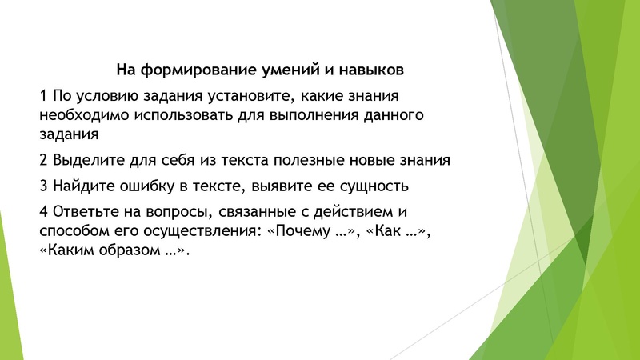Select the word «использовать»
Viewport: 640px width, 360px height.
click(x=185, y=115)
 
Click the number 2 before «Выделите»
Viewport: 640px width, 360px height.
click(x=42, y=160)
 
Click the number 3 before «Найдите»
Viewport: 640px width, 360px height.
click(x=42, y=186)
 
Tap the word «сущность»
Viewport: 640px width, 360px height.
click(x=373, y=186)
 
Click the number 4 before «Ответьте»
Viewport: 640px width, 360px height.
click(x=42, y=212)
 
